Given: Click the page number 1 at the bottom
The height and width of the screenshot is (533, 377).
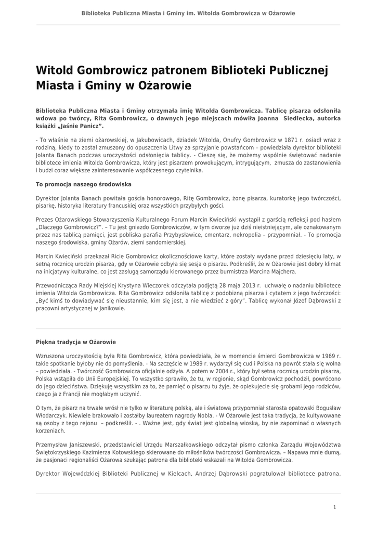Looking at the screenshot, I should tap(334, 507).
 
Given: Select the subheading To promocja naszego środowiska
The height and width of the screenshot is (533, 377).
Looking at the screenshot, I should tap(83, 184).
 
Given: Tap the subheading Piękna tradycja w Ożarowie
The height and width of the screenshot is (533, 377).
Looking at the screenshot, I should tap(76, 342).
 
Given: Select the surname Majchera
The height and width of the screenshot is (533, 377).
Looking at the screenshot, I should tap(281, 271).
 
